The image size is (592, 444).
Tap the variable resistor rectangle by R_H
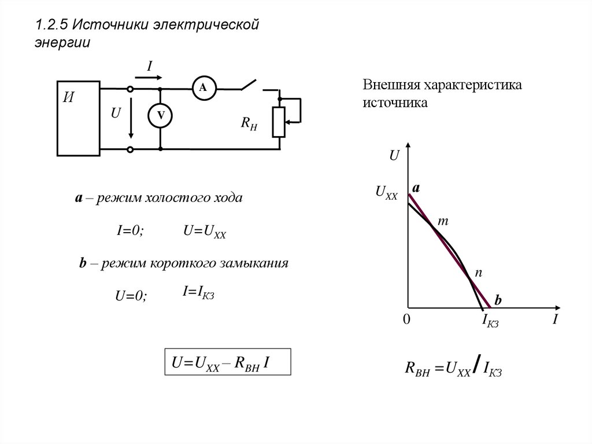pyautogui.click(x=279, y=122)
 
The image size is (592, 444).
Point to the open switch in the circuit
pyautogui.click(x=250, y=86)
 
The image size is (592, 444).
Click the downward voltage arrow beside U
pyautogui.click(x=131, y=119)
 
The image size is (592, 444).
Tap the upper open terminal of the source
pyautogui.click(x=130, y=89)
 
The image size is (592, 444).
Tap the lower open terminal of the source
pyautogui.click(x=130, y=149)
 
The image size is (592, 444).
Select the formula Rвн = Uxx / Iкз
pyautogui.click(x=452, y=369)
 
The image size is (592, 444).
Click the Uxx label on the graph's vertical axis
pyautogui.click(x=386, y=192)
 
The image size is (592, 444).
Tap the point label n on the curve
pyautogui.click(x=478, y=271)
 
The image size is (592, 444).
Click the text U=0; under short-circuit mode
pyautogui.click(x=132, y=296)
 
